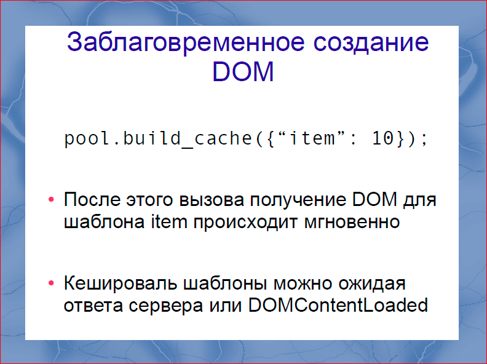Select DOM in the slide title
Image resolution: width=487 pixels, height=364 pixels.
click(243, 73)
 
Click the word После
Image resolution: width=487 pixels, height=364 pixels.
click(90, 200)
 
